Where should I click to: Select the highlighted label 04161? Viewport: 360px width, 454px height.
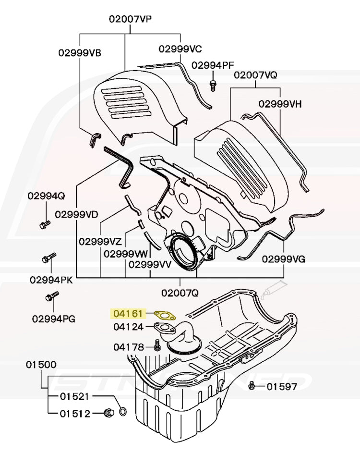point(128,314)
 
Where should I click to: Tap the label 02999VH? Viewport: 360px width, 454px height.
point(280,104)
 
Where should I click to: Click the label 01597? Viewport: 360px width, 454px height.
point(282,386)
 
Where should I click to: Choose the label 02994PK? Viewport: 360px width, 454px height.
point(51,280)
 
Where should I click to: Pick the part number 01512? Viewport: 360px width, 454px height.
point(74,413)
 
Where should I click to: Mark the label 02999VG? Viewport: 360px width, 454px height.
point(284,259)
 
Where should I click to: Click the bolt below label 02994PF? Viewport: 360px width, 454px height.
point(213,86)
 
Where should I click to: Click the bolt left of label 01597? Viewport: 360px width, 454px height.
point(252,385)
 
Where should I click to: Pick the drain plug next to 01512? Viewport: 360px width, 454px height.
point(108,413)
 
